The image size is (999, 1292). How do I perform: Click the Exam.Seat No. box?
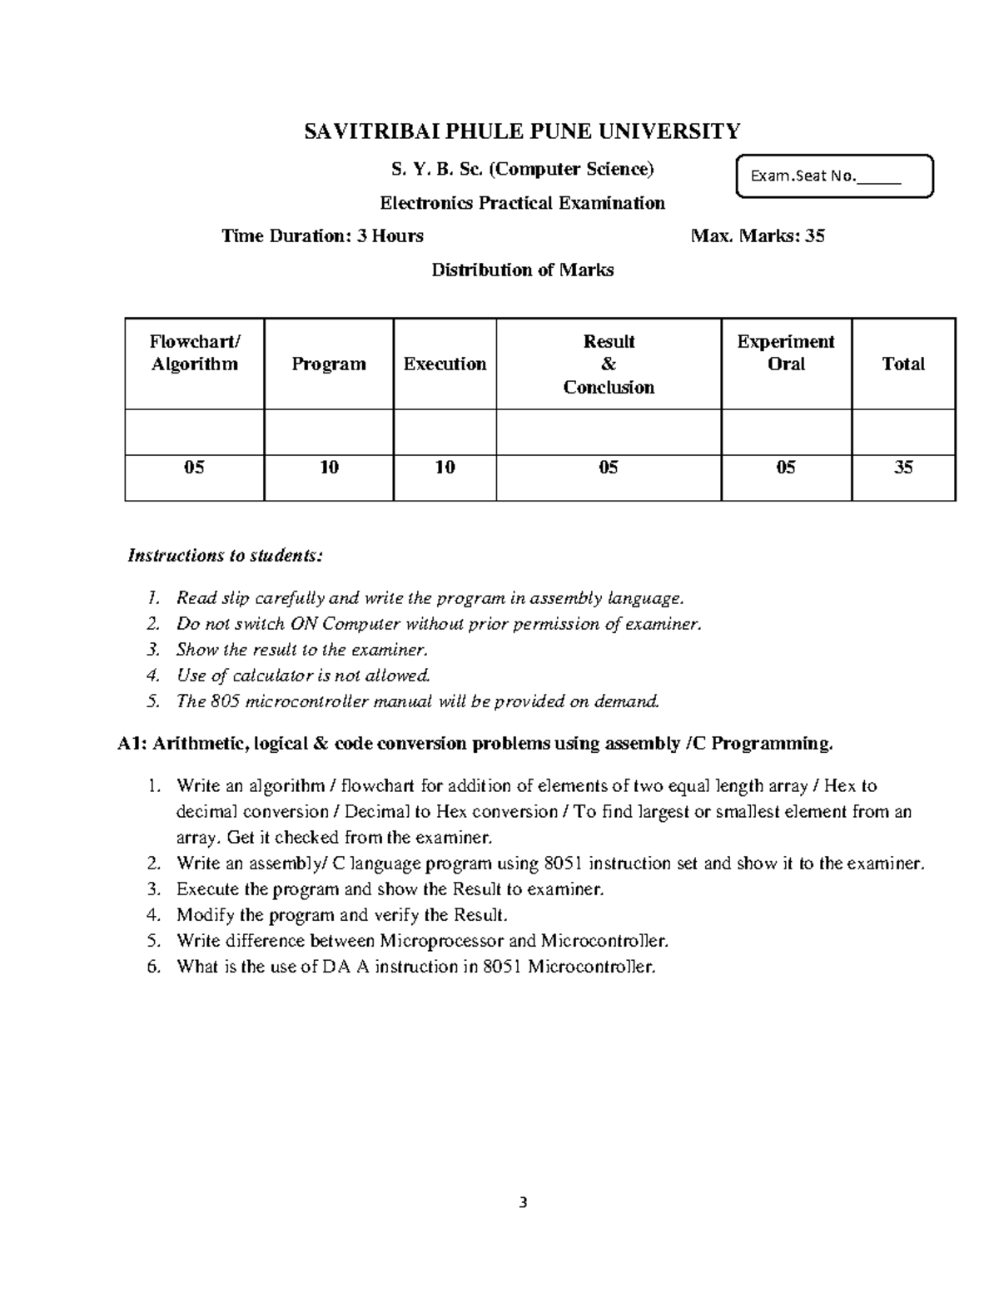(x=834, y=176)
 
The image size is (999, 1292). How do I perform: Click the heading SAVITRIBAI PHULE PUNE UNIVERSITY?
(x=522, y=131)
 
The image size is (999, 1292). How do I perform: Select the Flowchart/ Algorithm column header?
(x=194, y=354)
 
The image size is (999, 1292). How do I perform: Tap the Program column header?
(x=329, y=364)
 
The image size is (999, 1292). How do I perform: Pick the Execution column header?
(x=445, y=364)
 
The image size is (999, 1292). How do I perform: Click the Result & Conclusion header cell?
(x=609, y=364)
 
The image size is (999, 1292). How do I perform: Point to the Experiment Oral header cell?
(x=786, y=354)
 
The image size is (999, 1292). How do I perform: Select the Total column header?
(x=903, y=364)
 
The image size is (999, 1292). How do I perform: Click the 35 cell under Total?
(x=903, y=468)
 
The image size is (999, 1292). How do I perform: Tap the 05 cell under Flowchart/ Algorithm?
(x=194, y=468)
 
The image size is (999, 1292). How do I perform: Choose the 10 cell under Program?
(x=329, y=468)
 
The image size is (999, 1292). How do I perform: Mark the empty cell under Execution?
(x=445, y=432)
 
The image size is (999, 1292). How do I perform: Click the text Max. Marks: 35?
(x=758, y=236)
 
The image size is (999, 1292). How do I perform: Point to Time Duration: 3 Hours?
(x=322, y=236)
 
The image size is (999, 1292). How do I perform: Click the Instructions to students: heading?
(x=224, y=556)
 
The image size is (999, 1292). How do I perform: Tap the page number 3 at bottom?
(x=523, y=1202)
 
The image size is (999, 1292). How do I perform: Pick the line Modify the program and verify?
(x=341, y=915)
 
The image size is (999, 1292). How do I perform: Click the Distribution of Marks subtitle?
(x=522, y=270)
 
